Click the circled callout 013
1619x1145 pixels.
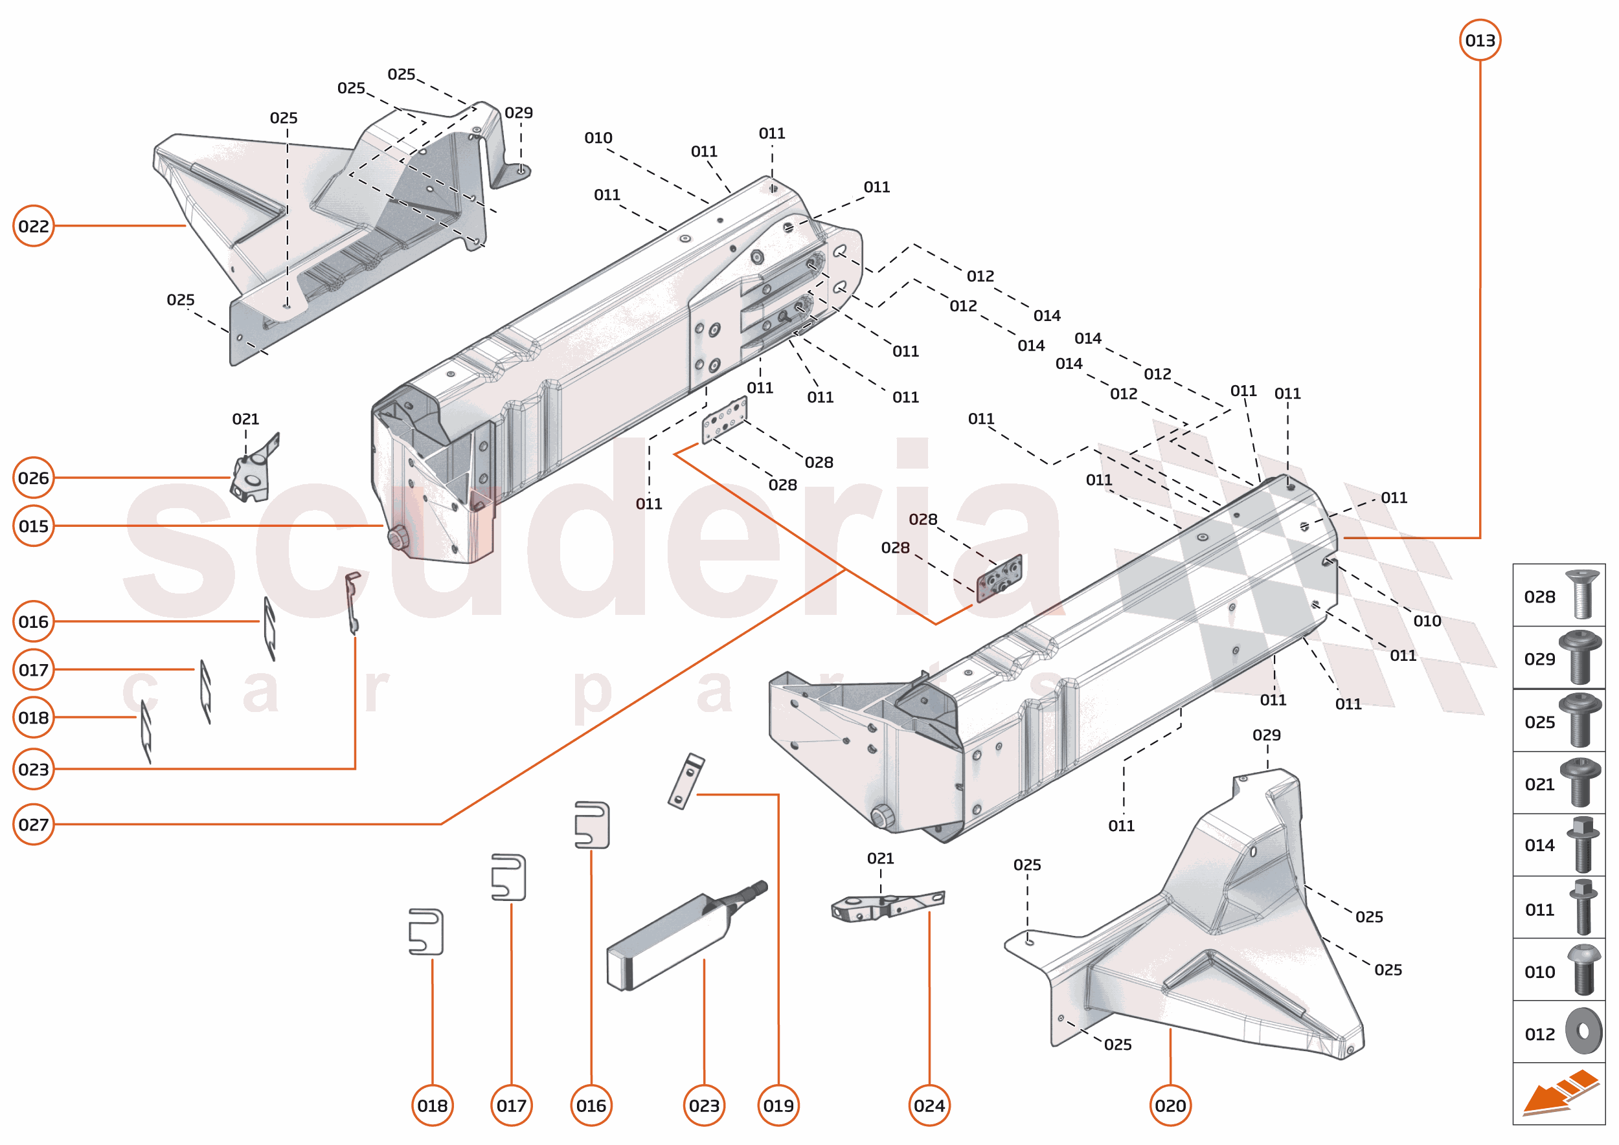pos(1479,40)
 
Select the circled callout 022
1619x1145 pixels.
pos(33,226)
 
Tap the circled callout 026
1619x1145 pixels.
pos(33,478)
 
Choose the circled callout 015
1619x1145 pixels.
pos(33,526)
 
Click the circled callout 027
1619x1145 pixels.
pos(33,824)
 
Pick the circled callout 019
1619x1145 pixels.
pos(778,1106)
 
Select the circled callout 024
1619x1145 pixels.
pos(929,1106)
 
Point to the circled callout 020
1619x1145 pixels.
pos(1170,1106)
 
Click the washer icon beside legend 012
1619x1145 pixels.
pos(1583,1032)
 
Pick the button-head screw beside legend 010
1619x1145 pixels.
pos(1584,970)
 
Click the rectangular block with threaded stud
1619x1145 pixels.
pos(677,941)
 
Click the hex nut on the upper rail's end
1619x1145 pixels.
pos(398,537)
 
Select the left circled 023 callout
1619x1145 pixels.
pos(33,769)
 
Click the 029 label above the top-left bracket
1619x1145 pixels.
pos(519,113)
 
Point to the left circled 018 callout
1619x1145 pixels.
pos(33,718)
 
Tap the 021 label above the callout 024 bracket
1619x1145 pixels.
pos(879,858)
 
